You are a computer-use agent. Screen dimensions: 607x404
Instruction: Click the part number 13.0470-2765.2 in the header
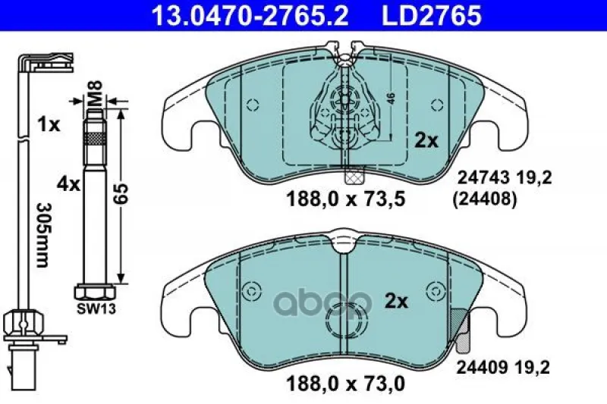(250, 16)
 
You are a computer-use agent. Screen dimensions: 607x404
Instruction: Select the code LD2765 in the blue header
(432, 16)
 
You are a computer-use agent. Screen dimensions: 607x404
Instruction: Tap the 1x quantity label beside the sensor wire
(49, 124)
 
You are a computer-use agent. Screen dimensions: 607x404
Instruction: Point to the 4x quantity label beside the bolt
(68, 184)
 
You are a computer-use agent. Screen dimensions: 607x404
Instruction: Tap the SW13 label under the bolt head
(96, 308)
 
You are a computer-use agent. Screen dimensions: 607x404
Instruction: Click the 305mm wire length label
(42, 235)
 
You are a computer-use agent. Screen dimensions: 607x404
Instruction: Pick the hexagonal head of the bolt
(95, 292)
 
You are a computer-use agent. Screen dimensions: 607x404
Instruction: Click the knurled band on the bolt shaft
(94, 138)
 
